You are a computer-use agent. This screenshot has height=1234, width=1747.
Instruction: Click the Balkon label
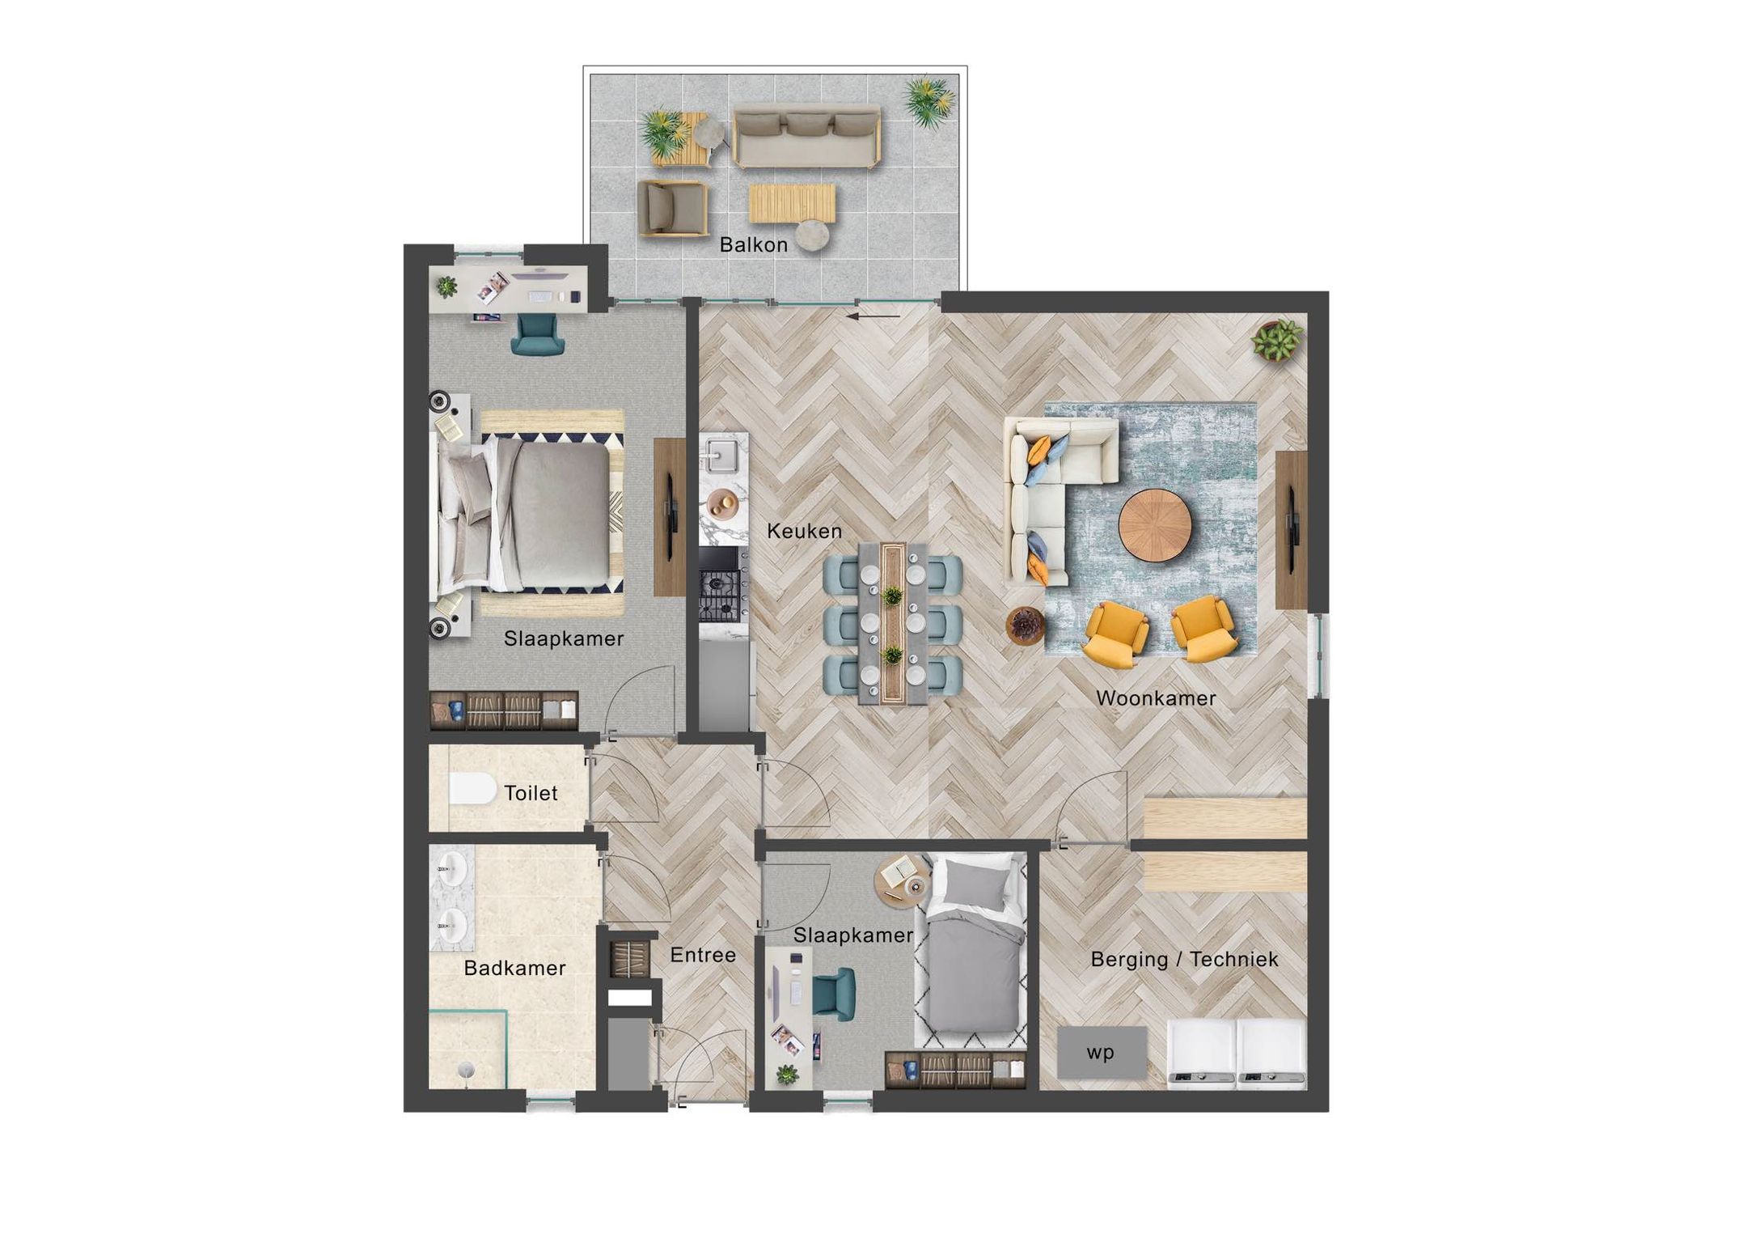click(753, 244)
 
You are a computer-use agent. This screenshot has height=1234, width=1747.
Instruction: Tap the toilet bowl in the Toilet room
click(472, 789)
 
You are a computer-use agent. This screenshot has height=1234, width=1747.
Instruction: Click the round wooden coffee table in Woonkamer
click(1155, 524)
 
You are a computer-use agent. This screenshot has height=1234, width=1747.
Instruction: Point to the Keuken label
click(804, 532)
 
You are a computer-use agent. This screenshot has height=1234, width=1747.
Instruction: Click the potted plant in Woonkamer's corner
click(1276, 340)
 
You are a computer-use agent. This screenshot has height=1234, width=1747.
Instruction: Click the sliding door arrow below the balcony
click(873, 316)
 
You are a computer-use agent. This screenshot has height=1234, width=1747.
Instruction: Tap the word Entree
click(703, 955)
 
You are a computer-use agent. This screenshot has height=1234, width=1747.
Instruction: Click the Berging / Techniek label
click(1184, 960)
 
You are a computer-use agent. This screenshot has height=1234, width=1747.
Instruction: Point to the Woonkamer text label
click(1156, 698)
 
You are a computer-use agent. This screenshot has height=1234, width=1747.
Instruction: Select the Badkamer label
click(514, 968)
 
